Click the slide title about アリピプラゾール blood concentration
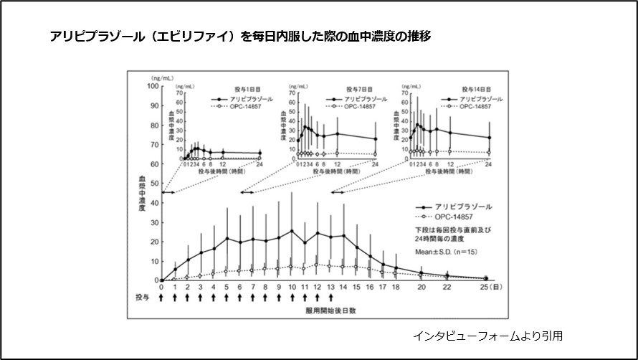tap(240, 34)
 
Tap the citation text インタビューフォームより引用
tap(492, 335)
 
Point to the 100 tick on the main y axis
tap(152, 86)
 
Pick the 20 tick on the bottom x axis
tap(421, 288)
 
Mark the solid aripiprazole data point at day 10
tap(292, 231)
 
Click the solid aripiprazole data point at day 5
tap(227, 238)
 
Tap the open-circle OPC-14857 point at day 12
tap(318, 265)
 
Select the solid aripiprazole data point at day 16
tap(369, 256)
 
